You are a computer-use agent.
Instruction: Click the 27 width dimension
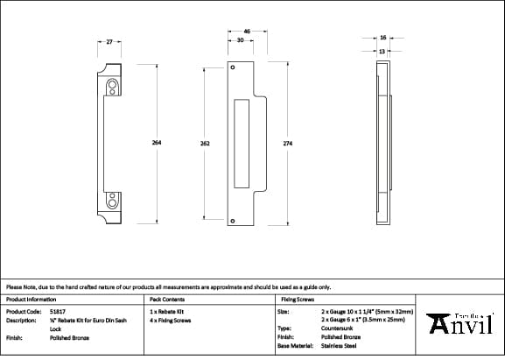coord(109,42)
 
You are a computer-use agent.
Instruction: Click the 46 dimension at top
coord(248,32)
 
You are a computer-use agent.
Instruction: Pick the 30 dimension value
coord(240,41)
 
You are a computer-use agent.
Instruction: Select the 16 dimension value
coord(383,38)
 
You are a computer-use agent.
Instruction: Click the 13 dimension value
coord(382,51)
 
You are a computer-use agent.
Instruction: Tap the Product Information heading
coord(31,300)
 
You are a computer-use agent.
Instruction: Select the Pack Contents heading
coord(167,300)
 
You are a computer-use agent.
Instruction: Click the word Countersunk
coord(338,328)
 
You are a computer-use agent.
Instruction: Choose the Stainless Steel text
coord(340,345)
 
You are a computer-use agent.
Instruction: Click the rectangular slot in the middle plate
coord(242,143)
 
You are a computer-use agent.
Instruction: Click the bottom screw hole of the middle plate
coord(233,222)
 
